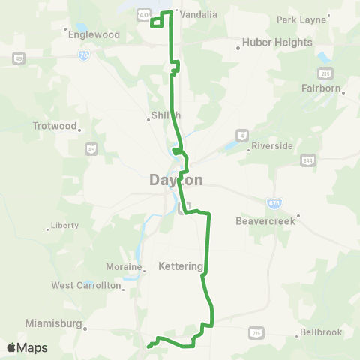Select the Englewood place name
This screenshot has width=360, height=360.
coord(94,34)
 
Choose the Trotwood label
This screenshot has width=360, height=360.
coord(55,126)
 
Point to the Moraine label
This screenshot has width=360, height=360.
coord(124,268)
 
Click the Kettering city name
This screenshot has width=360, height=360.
coord(181,266)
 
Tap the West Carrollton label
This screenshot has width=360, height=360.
coord(85,286)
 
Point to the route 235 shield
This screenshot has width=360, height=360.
coord(325,73)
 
